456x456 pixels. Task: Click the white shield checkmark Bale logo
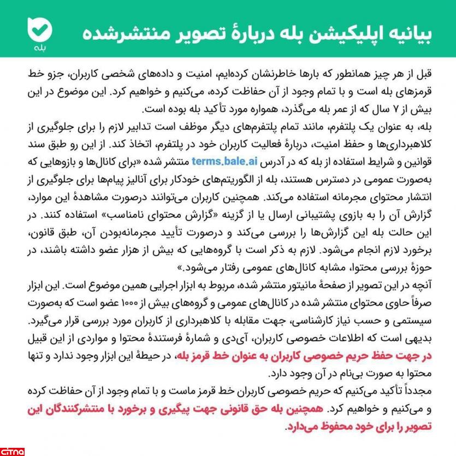click(40, 28)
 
